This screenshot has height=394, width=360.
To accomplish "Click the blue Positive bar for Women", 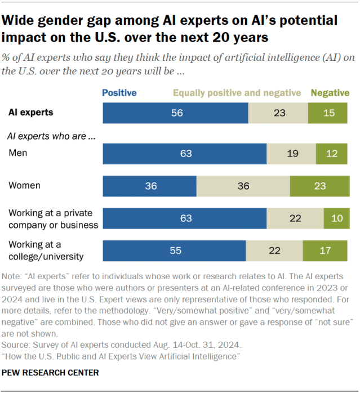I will (x=149, y=185).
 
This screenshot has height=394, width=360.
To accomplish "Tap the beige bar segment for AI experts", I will (x=278, y=113).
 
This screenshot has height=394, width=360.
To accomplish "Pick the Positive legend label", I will (x=119, y=93).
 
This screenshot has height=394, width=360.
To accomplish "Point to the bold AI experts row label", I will (x=31, y=112).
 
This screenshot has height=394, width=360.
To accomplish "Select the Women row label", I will (x=24, y=185).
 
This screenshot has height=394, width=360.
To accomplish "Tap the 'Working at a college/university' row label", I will (x=46, y=251).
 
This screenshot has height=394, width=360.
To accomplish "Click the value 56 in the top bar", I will (x=177, y=113).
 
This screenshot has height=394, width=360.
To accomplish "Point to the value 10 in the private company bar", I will (x=336, y=218).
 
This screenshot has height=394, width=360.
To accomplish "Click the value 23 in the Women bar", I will (x=319, y=185).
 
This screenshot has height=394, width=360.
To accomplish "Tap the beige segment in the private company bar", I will (x=295, y=218).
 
